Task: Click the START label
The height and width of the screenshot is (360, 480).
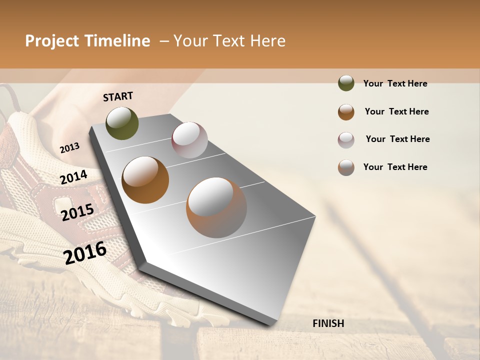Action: (x=118, y=96)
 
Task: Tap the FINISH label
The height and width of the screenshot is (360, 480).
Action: (x=328, y=323)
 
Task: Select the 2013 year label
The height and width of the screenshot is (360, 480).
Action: (x=69, y=148)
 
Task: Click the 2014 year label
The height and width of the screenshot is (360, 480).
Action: (x=73, y=177)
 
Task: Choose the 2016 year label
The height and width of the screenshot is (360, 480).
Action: (x=85, y=252)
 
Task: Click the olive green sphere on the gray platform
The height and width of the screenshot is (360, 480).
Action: (x=122, y=123)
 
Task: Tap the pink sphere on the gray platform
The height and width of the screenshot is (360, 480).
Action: (x=189, y=140)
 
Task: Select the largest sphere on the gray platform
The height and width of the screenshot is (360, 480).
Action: (x=216, y=207)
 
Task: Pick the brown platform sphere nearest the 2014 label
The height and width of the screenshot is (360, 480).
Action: (x=145, y=179)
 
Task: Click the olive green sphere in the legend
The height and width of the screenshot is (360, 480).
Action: (x=346, y=83)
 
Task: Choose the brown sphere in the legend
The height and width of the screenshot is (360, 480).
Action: (x=346, y=112)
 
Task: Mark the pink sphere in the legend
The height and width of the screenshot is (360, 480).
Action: (x=346, y=140)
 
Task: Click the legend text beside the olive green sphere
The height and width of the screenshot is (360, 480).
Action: (x=395, y=83)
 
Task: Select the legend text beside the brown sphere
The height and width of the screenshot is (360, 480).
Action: (x=396, y=111)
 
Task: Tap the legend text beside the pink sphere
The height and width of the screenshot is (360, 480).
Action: (x=397, y=139)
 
